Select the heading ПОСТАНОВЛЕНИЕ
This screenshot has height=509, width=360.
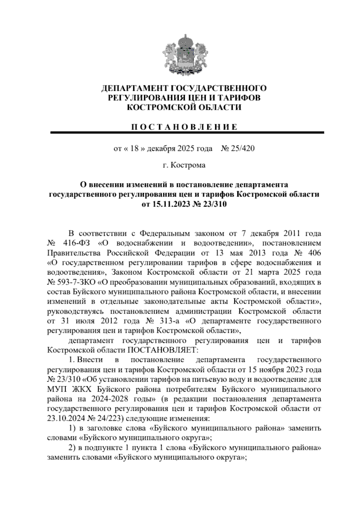(x=184, y=127)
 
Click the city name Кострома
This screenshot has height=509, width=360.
(x=188, y=165)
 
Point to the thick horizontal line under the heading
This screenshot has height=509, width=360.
(x=187, y=132)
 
